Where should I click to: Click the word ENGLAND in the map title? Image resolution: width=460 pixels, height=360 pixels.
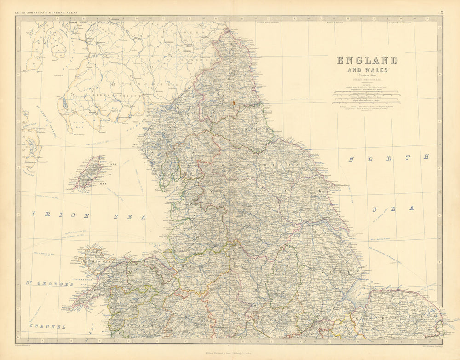tap(367, 60)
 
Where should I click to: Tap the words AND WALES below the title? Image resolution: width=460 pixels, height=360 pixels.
tap(367, 70)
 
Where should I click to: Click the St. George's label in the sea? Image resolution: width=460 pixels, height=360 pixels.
tap(49, 284)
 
